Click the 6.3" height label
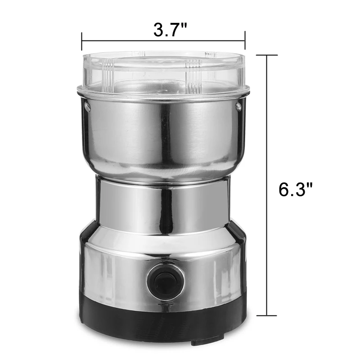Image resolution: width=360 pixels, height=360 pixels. tap(296, 189)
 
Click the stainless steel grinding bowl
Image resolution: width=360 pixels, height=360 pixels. tap(163, 135)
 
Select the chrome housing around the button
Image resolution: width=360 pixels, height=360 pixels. tap(121, 270)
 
